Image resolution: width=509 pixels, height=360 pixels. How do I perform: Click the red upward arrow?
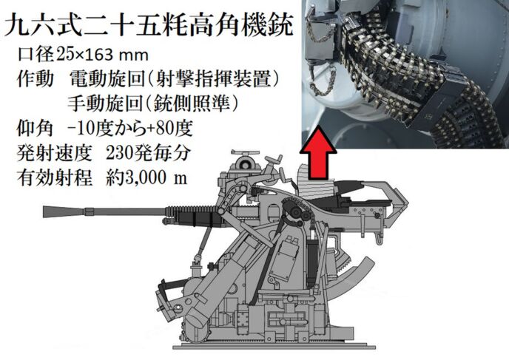pos(318,153)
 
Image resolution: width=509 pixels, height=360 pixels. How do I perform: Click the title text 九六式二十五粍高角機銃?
pos(149,24)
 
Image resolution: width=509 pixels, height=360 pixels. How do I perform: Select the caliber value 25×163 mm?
pos(102,55)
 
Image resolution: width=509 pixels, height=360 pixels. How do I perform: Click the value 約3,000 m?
pos(146,177)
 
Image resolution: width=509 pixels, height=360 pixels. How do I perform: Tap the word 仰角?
pos(35,128)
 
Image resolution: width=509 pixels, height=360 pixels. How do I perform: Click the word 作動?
pos(35,79)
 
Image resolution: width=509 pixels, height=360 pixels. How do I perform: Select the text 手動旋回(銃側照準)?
pos(153,103)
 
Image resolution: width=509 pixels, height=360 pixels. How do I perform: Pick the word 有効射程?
pos(54,177)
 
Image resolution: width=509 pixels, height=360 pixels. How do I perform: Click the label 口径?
pos(36,55)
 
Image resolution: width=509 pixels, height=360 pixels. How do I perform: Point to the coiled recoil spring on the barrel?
pos(192,210)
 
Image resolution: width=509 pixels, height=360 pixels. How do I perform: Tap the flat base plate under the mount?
pos(274,347)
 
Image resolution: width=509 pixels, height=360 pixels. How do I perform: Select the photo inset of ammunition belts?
pos(405,74)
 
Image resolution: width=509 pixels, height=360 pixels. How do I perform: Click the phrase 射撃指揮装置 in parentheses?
pos(214,79)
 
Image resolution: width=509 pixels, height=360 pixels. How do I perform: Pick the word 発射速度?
pos(54,152)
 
